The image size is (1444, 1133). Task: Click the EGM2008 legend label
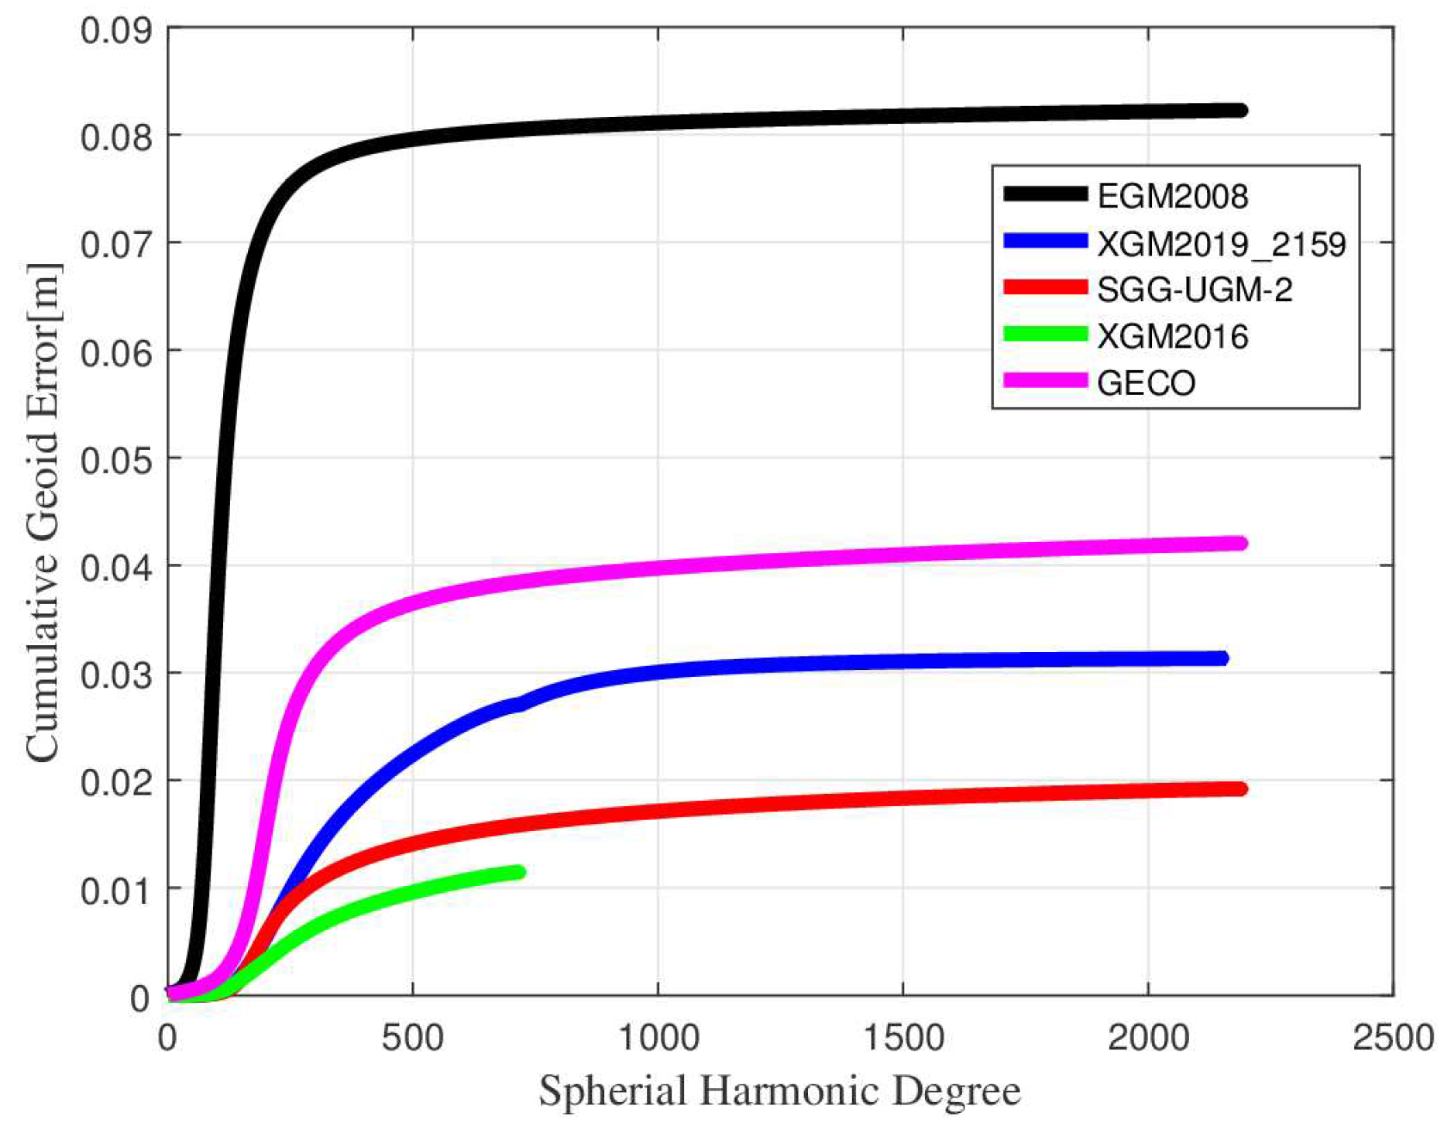pyautogui.click(x=1172, y=196)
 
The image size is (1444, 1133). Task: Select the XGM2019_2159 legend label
pyautogui.click(x=1221, y=244)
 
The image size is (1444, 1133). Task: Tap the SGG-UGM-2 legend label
pyautogui.click(x=1195, y=290)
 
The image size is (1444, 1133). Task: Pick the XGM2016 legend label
pyautogui.click(x=1172, y=337)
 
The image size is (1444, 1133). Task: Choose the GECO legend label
pyautogui.click(x=1146, y=383)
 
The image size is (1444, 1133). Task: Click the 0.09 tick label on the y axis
pyautogui.click(x=115, y=31)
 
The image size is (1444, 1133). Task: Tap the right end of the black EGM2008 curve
pyautogui.click(x=1241, y=111)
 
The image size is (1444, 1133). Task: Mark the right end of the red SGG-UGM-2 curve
pyautogui.click(x=1241, y=788)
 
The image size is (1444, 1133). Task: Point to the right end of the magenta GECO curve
pyautogui.click(x=1241, y=543)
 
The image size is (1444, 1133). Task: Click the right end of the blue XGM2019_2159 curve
pyautogui.click(x=1222, y=658)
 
